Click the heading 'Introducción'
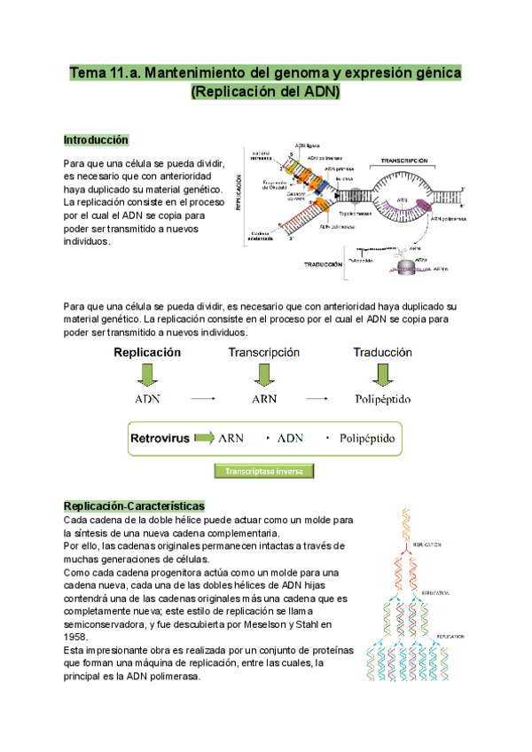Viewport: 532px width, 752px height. coord(96,140)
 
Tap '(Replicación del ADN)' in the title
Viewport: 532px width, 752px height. coord(265,92)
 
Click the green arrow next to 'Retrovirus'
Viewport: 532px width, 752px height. coord(205,437)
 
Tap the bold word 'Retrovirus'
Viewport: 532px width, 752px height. coord(160,438)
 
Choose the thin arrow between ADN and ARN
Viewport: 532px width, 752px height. coord(204,400)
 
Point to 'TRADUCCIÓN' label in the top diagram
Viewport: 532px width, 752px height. coord(323,264)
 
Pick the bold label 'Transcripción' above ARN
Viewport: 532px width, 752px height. coord(263,352)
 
